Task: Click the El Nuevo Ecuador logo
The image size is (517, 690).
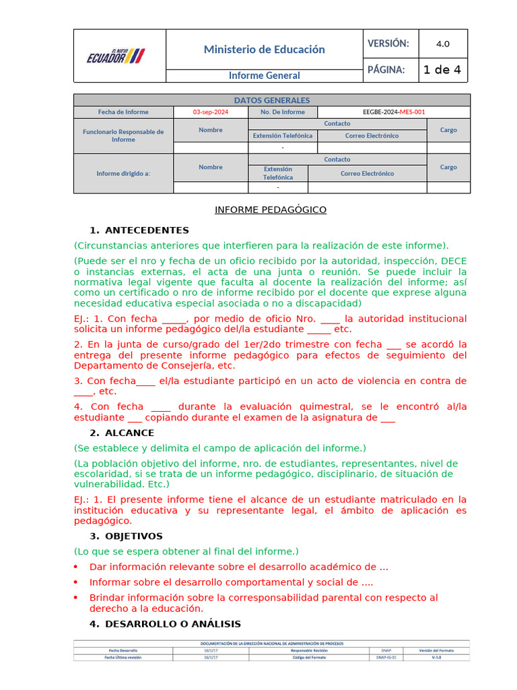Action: [116, 56]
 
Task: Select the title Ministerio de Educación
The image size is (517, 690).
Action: [264, 49]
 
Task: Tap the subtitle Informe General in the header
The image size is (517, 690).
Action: [264, 75]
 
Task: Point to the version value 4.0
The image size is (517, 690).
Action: [442, 44]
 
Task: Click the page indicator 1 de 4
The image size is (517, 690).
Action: [442, 69]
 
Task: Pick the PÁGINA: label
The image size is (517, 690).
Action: [386, 69]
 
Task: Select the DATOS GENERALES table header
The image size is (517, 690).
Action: [271, 100]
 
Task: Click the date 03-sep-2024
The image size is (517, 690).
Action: [211, 112]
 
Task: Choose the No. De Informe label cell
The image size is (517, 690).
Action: [282, 112]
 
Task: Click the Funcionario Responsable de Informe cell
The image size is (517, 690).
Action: [123, 135]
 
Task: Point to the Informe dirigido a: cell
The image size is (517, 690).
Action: [123, 173]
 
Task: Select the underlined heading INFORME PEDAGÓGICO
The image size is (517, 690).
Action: [271, 210]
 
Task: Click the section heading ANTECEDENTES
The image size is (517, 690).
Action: [147, 230]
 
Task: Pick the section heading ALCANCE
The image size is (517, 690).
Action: [129, 433]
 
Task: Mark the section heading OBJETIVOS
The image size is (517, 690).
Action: [133, 536]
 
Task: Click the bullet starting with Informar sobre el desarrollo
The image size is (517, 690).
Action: [231, 582]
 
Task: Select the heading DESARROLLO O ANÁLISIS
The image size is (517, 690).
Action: [172, 624]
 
